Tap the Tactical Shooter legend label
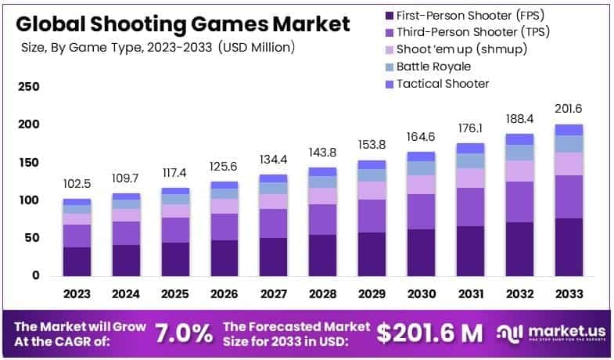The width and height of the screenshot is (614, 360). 443,84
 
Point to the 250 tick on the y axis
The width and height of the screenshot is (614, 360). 28,87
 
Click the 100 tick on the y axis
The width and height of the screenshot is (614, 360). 28,200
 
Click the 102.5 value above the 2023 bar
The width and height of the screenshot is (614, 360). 77,184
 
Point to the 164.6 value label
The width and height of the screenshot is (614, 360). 421,137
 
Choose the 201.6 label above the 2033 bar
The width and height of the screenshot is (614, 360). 569,109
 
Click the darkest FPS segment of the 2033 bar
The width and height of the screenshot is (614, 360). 569,247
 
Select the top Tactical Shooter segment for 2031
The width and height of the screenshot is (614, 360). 470,148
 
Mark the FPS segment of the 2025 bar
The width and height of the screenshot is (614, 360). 175,259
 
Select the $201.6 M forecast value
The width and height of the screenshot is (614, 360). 429,333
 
